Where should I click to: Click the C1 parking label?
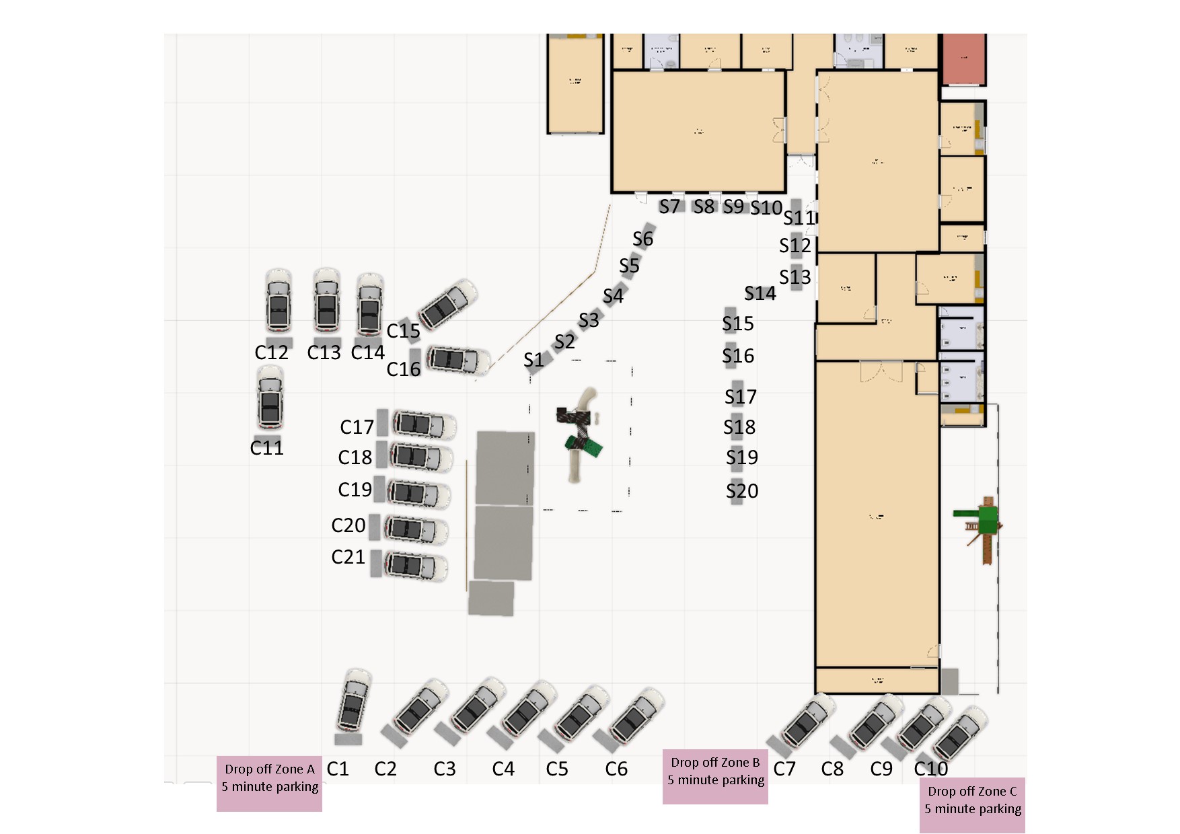pyautogui.click(x=338, y=769)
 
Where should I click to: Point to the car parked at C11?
pyautogui.click(x=270, y=398)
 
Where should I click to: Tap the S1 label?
pyautogui.click(x=533, y=361)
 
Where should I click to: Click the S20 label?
pyautogui.click(x=742, y=491)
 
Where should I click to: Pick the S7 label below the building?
pyautogui.click(x=669, y=206)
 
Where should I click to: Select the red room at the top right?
pyautogui.click(x=963, y=59)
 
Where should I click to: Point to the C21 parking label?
pyautogui.click(x=348, y=557)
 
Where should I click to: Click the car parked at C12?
pyautogui.click(x=279, y=301)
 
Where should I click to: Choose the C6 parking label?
pyautogui.click(x=616, y=769)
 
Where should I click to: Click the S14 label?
pyautogui.click(x=760, y=293)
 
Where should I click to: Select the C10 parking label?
pyautogui.click(x=931, y=769)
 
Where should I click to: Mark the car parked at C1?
pyautogui.click(x=354, y=701)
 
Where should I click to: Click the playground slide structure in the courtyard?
pyautogui.click(x=580, y=434)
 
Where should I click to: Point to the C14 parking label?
pyautogui.click(x=368, y=352)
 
